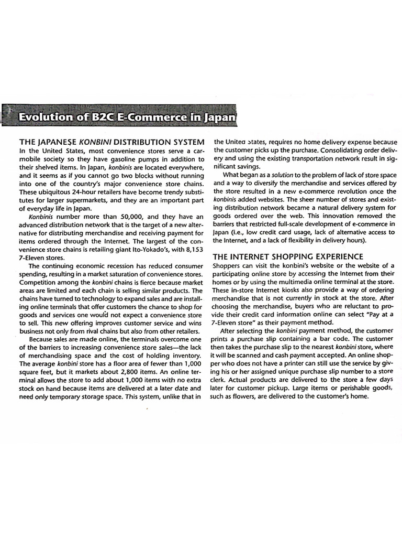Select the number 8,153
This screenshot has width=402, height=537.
tap(192, 250)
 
